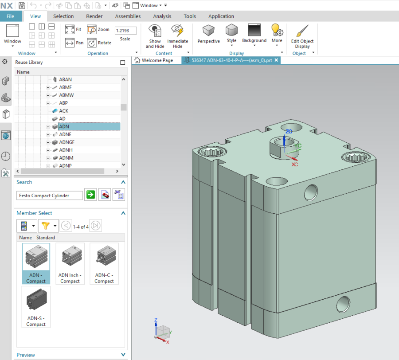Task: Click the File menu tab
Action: click(10, 16)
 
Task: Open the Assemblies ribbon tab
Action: click(128, 16)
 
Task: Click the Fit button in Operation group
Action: click(70, 30)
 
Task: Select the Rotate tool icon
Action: click(92, 43)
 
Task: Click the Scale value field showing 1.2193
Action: click(125, 31)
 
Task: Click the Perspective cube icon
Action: click(208, 31)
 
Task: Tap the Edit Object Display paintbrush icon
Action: click(302, 31)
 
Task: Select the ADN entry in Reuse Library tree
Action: click(64, 127)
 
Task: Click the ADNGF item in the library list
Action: click(67, 142)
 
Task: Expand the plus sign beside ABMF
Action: click(48, 88)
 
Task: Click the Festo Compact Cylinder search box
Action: click(49, 196)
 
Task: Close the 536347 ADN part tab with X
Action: click(276, 60)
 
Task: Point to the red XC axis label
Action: click(294, 164)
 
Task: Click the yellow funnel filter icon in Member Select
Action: click(45, 226)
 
